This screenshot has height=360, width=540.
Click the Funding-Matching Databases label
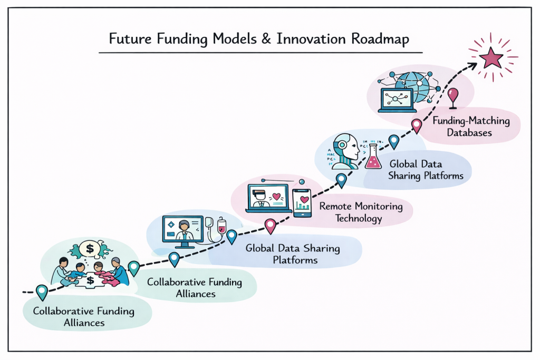click(x=471, y=127)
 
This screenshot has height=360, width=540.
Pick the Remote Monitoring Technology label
click(x=360, y=212)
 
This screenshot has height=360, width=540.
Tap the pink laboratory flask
click(x=373, y=157)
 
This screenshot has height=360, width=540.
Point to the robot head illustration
click(x=346, y=150)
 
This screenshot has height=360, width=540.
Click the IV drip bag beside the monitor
click(x=222, y=229)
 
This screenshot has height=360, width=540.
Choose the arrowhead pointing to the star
click(x=472, y=65)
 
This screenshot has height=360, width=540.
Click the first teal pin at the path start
click(x=42, y=291)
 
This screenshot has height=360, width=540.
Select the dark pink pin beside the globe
click(x=454, y=97)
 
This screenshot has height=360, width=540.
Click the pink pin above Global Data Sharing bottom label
click(x=271, y=226)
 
